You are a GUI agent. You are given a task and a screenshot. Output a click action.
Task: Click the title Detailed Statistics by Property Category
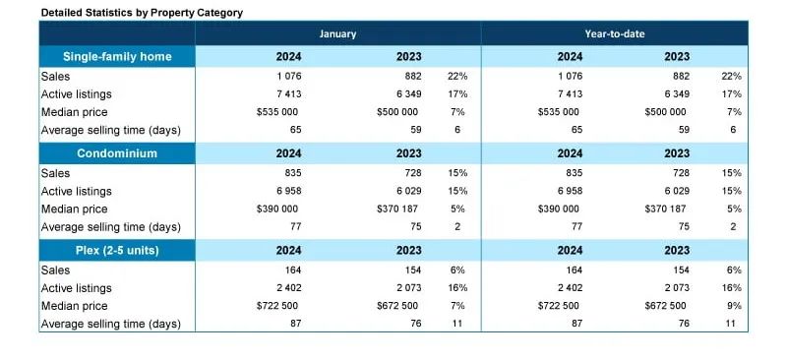click(142, 13)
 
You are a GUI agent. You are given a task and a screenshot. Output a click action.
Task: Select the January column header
click(337, 34)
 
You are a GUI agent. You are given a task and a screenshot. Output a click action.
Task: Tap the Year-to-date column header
click(614, 34)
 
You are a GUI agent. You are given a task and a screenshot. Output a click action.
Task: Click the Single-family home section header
click(117, 57)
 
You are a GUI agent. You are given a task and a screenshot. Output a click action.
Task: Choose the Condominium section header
click(117, 153)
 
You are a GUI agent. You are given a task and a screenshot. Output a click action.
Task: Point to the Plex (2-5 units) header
click(117, 250)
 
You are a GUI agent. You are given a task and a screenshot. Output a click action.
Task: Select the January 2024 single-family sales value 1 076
click(288, 77)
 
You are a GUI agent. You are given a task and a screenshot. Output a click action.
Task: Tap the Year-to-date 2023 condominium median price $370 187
click(665, 209)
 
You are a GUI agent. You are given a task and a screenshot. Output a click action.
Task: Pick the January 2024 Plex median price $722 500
click(277, 306)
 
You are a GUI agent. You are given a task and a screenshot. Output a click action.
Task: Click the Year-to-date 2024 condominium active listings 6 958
click(570, 191)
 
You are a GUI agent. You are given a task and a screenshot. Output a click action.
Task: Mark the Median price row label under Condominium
click(75, 210)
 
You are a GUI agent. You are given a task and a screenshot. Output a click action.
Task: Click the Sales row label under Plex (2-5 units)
click(55, 270)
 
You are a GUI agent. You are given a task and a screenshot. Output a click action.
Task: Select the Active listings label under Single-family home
click(77, 94)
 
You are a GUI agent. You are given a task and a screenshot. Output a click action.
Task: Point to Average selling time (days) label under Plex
click(111, 325)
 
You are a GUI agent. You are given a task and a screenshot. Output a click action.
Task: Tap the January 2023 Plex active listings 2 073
click(408, 288)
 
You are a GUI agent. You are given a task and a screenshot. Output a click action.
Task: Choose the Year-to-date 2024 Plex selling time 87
click(576, 324)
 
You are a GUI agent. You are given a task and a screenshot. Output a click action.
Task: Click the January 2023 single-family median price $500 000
click(397, 112)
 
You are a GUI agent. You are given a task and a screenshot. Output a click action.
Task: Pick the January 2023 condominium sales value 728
click(413, 173)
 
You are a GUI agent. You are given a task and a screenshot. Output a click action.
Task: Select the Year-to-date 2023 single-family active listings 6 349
click(677, 94)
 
